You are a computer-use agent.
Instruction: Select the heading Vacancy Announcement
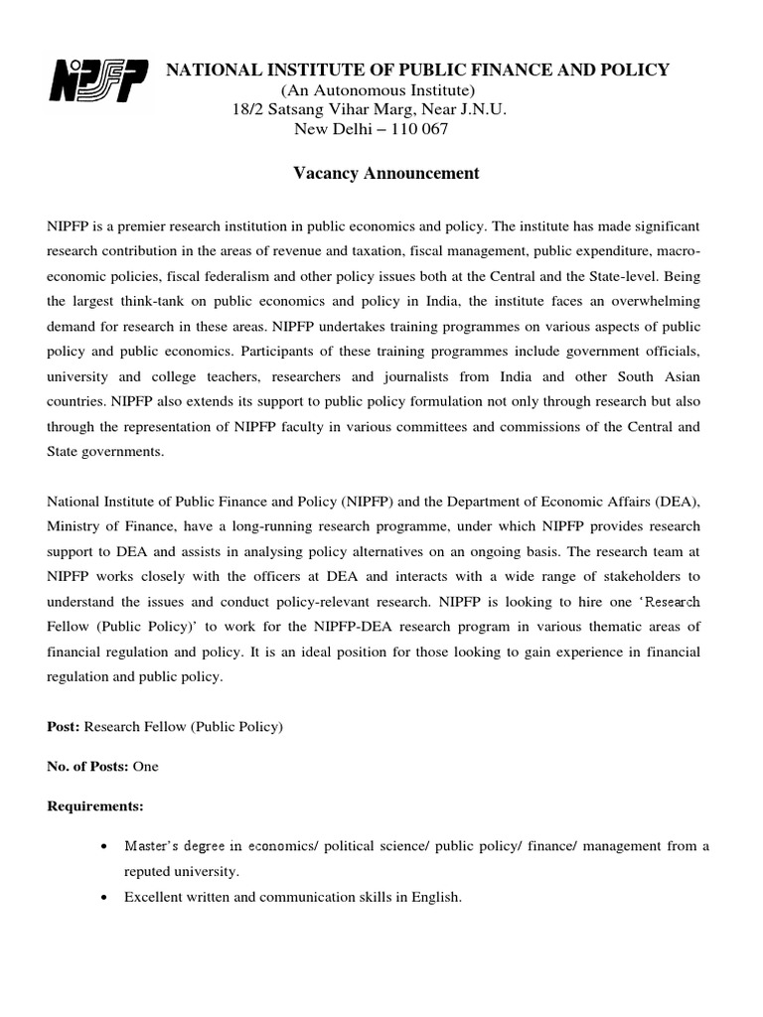[386, 174]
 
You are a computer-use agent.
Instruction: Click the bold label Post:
[64, 727]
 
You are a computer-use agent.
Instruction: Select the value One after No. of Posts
[145, 767]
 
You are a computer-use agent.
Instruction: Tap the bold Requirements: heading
[95, 805]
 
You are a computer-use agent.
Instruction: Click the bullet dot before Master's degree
[105, 846]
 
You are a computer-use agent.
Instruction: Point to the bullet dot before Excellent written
[105, 898]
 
